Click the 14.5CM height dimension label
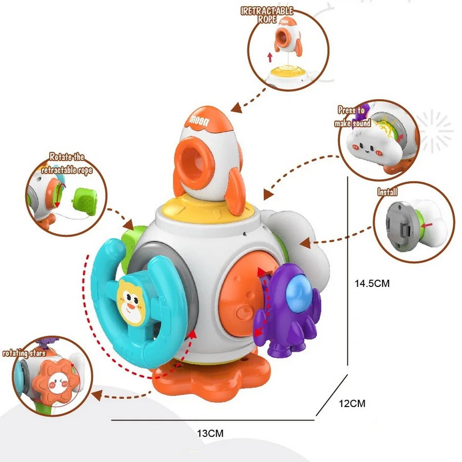coord(372,283)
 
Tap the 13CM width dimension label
coord(210,433)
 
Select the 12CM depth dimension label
coord(352,403)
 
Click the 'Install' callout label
coord(388,192)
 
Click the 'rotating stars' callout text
coord(24,353)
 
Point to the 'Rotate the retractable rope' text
coord(67,163)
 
